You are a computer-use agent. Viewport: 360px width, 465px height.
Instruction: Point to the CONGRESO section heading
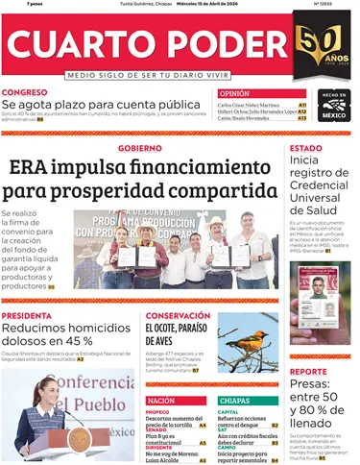[x=24, y=92]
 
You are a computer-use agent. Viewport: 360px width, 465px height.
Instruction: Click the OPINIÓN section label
[x=234, y=93]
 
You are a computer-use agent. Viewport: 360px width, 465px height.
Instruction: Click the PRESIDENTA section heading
[x=27, y=315]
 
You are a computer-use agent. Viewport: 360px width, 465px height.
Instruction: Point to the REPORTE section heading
[x=308, y=371]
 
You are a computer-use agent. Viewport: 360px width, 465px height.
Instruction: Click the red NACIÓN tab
[x=161, y=400]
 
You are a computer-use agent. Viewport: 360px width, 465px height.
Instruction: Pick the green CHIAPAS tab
[x=235, y=400]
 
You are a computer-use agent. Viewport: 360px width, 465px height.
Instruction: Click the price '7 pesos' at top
[x=14, y=5]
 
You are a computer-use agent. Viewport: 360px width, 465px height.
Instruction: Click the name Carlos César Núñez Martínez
[x=249, y=105]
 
